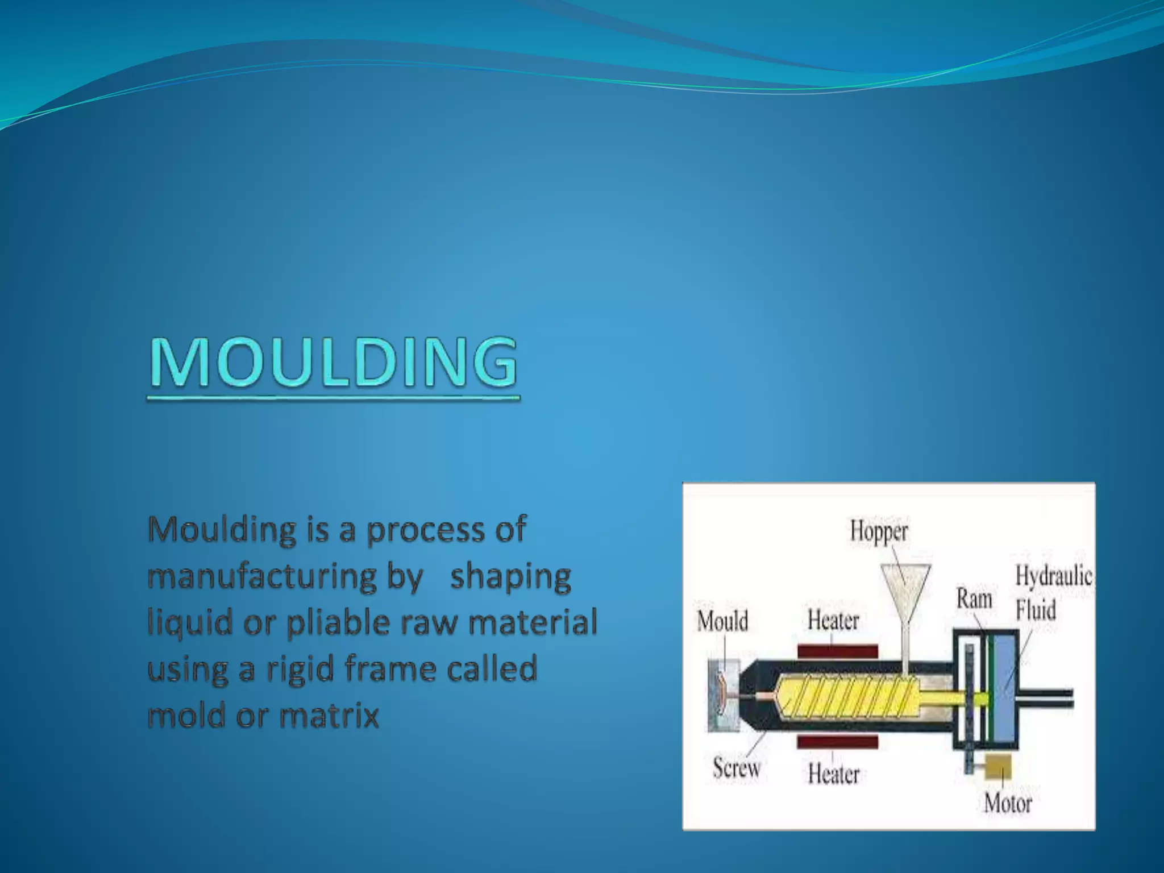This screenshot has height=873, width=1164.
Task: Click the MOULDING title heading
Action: coord(334,363)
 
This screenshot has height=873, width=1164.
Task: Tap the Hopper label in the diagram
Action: coord(879,531)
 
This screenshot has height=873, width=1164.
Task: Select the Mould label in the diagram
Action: coord(722,621)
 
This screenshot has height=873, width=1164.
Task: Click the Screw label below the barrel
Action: coord(737,768)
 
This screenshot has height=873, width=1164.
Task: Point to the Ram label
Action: coord(974,599)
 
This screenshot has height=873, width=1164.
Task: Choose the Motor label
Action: coord(1008,803)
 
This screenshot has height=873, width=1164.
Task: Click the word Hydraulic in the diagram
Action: coord(1054,576)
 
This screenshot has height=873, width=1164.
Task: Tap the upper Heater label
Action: coord(833,620)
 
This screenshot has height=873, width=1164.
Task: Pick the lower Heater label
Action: coord(834,774)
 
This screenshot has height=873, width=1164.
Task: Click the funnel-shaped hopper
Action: coord(906,585)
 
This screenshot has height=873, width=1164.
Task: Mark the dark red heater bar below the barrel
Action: coord(838,741)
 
